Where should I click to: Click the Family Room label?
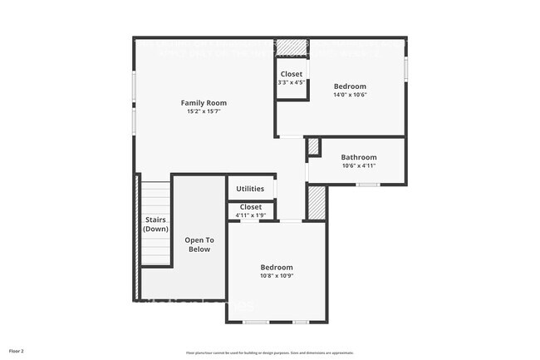(x=204, y=103)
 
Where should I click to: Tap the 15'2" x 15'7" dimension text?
(x=204, y=111)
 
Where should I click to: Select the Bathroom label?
(x=359, y=157)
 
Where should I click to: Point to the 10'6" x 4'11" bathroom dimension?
(x=359, y=165)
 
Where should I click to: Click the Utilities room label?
(x=250, y=189)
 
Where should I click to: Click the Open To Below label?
(x=199, y=244)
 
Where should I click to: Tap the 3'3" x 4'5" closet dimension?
(x=292, y=82)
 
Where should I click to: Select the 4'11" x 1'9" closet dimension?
(x=250, y=215)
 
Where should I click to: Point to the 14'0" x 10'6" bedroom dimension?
(x=350, y=95)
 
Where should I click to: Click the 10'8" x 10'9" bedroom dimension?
(x=277, y=276)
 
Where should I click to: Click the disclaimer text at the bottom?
(x=269, y=353)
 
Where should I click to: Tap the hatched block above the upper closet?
(x=292, y=47)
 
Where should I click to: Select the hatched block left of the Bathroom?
(x=314, y=147)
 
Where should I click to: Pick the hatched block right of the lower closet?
(x=317, y=202)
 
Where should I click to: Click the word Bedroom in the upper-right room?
(x=350, y=86)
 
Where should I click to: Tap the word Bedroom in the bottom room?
(x=277, y=268)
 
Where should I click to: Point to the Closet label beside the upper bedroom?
(x=292, y=74)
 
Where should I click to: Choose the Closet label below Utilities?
(x=250, y=207)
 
